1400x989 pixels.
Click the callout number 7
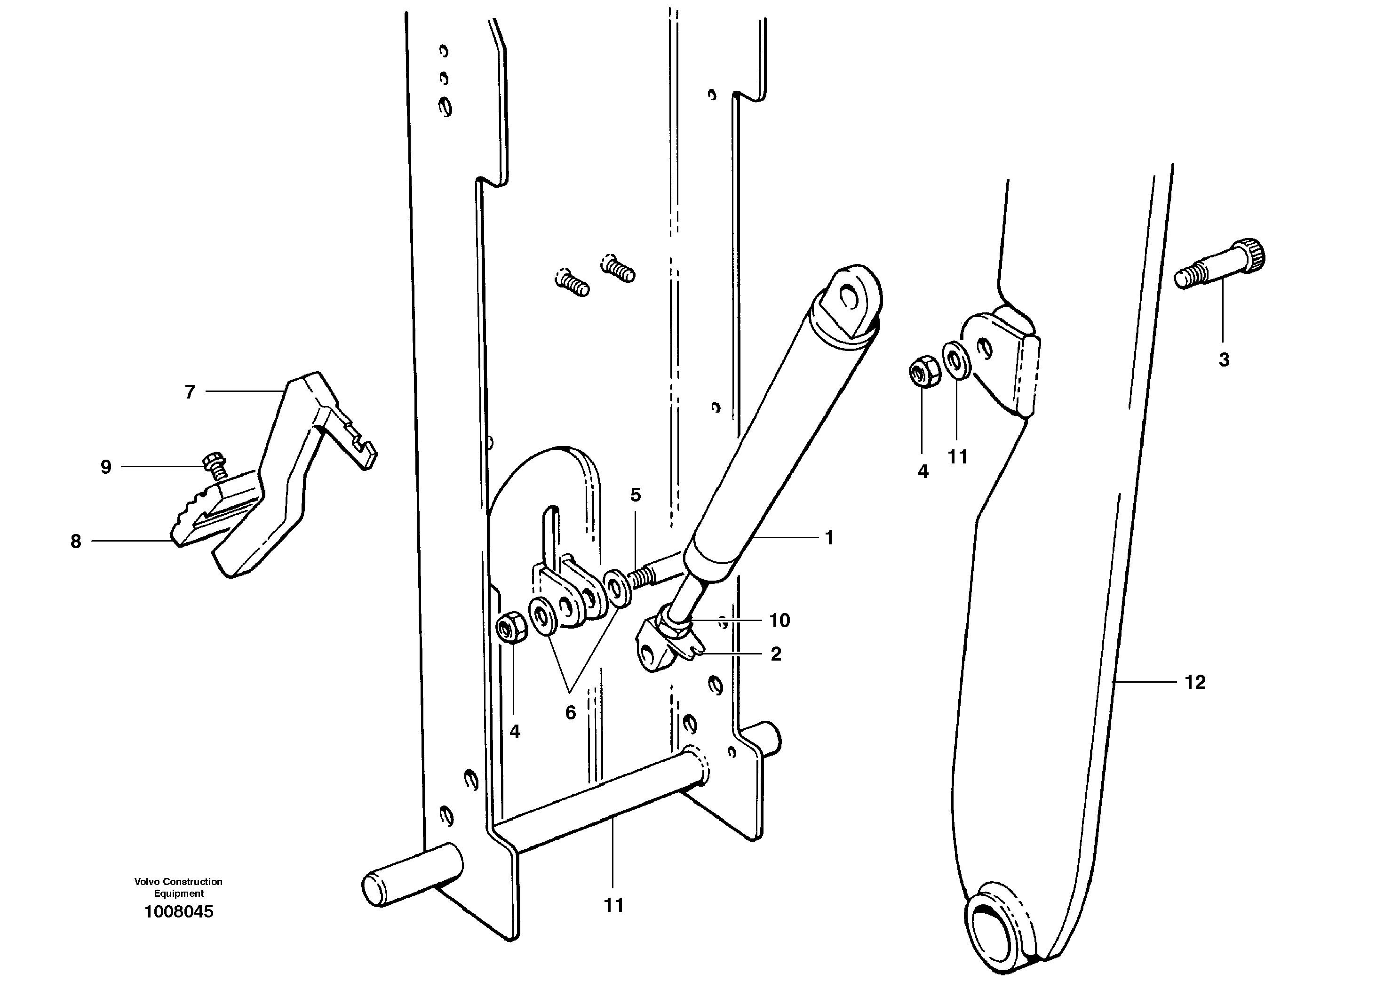point(190,392)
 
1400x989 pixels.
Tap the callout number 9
point(106,468)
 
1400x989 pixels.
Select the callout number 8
point(76,542)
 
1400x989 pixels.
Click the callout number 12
point(1194,682)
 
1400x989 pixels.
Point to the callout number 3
point(1224,360)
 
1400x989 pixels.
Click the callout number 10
point(780,621)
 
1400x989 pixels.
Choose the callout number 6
point(570,712)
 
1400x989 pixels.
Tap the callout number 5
point(636,495)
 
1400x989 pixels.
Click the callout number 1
point(828,538)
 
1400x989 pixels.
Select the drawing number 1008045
point(179,912)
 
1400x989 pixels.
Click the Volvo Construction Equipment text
point(179,888)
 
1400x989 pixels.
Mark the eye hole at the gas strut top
point(848,297)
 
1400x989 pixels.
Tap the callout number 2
point(776,654)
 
